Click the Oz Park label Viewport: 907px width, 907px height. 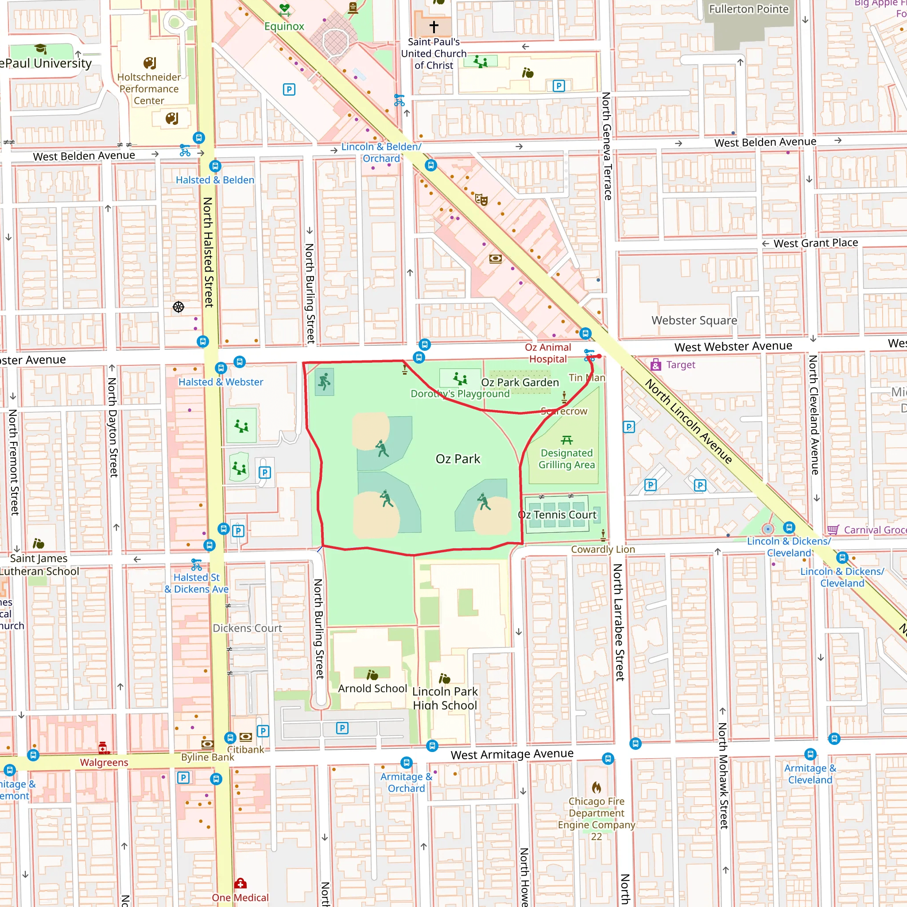pos(458,459)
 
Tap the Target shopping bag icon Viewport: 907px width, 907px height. pos(656,365)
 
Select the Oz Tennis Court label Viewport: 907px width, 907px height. pos(557,515)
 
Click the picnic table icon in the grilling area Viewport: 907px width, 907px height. pos(566,440)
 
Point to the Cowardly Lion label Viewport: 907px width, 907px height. pos(603,549)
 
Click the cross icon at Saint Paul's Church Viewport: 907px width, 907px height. pos(434,27)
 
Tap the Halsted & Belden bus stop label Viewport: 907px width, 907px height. pos(215,180)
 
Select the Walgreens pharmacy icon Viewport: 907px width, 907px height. pos(104,748)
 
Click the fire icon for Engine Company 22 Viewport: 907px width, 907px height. pos(596,787)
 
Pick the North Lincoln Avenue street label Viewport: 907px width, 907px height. pos(688,421)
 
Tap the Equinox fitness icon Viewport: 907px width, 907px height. pos(284,9)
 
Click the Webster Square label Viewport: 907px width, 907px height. pos(694,320)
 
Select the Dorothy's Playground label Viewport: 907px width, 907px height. pos(460,394)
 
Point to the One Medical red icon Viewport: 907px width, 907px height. pos(240,884)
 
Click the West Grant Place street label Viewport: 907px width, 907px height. pos(815,243)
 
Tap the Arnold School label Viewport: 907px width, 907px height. pos(372,688)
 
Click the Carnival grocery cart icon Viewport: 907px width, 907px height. pos(833,530)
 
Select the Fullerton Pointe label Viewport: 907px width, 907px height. pos(748,9)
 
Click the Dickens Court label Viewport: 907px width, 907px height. pos(248,628)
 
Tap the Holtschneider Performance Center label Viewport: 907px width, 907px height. pos(149,89)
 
